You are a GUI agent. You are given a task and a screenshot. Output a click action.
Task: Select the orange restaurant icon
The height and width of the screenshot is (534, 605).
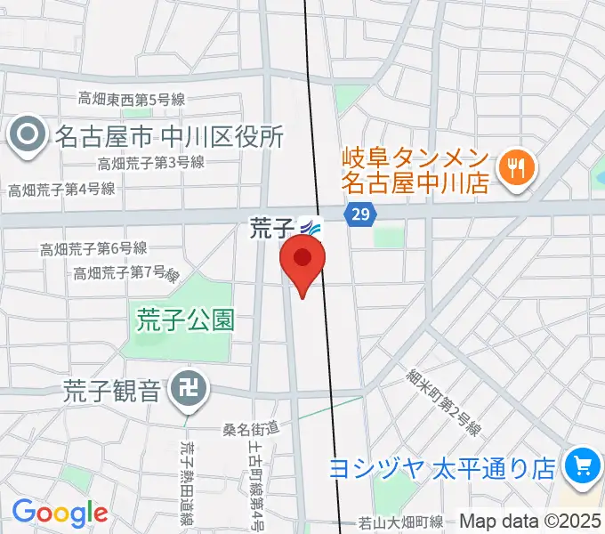pos(515,166)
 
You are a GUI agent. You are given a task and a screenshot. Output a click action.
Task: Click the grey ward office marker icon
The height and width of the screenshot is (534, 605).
pos(28,136)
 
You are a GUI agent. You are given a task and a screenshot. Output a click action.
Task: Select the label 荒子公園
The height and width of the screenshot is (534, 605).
pos(185,320)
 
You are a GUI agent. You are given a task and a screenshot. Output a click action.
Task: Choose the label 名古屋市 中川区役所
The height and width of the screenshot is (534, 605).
pos(169,136)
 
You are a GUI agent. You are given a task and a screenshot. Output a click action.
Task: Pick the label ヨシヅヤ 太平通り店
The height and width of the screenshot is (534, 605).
pos(443,468)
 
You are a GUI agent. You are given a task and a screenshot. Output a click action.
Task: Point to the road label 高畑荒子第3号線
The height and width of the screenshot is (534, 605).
pos(151,163)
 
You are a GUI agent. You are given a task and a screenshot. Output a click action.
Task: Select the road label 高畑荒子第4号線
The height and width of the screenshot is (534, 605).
pos(61,189)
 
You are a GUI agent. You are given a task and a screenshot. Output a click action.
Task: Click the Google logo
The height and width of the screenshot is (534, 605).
pos(60,514)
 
